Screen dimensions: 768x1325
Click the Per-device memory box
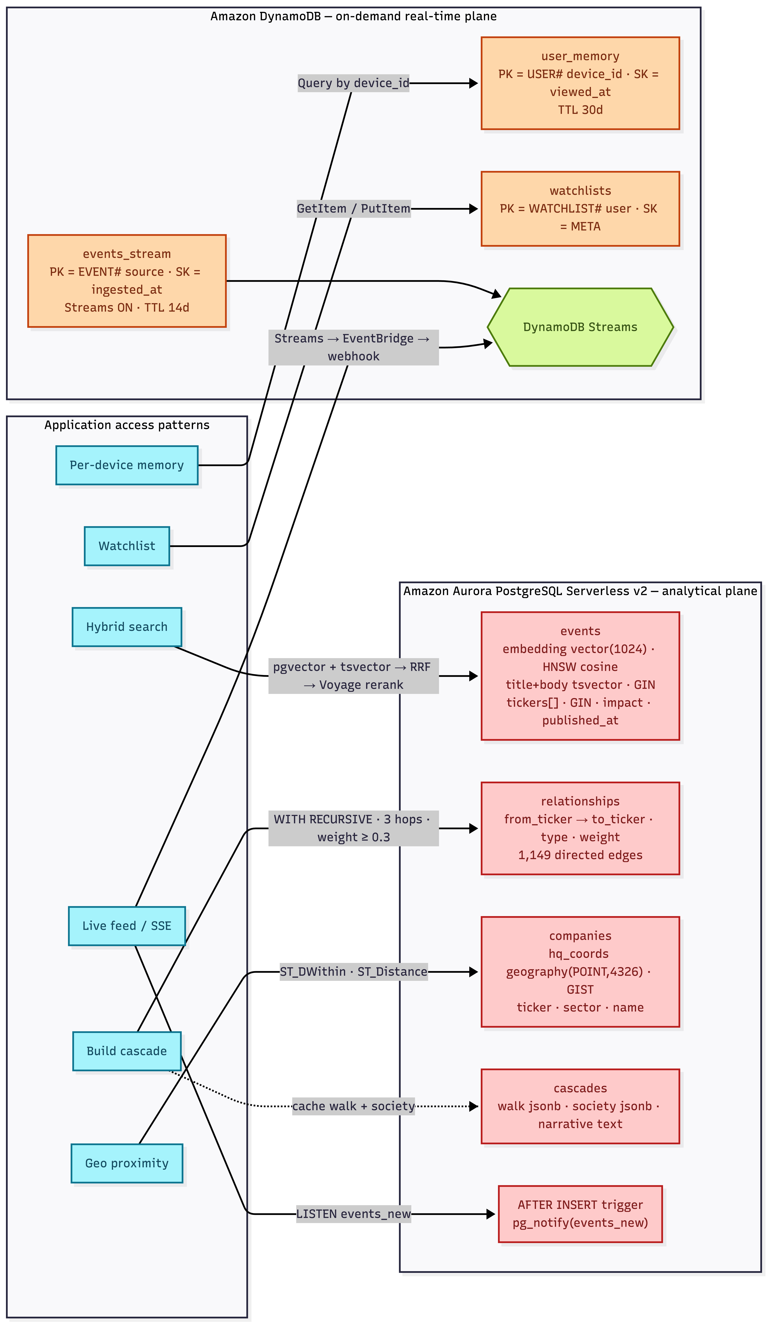127,465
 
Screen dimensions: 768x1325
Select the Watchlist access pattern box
127,546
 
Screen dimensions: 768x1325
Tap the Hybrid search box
127,627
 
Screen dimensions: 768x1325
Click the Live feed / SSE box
127,926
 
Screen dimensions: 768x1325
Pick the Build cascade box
127,1051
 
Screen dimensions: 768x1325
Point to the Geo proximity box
127,1164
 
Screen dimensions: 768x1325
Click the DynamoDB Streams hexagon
580,327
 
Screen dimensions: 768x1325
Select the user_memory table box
580,83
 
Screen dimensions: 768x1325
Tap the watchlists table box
580,209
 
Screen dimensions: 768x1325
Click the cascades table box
580,1106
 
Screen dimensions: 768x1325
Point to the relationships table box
580,829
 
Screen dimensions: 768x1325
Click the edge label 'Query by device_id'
353,83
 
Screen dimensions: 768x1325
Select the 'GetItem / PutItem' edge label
353,209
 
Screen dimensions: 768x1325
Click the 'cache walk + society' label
353,1106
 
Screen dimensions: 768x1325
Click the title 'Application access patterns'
127,425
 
